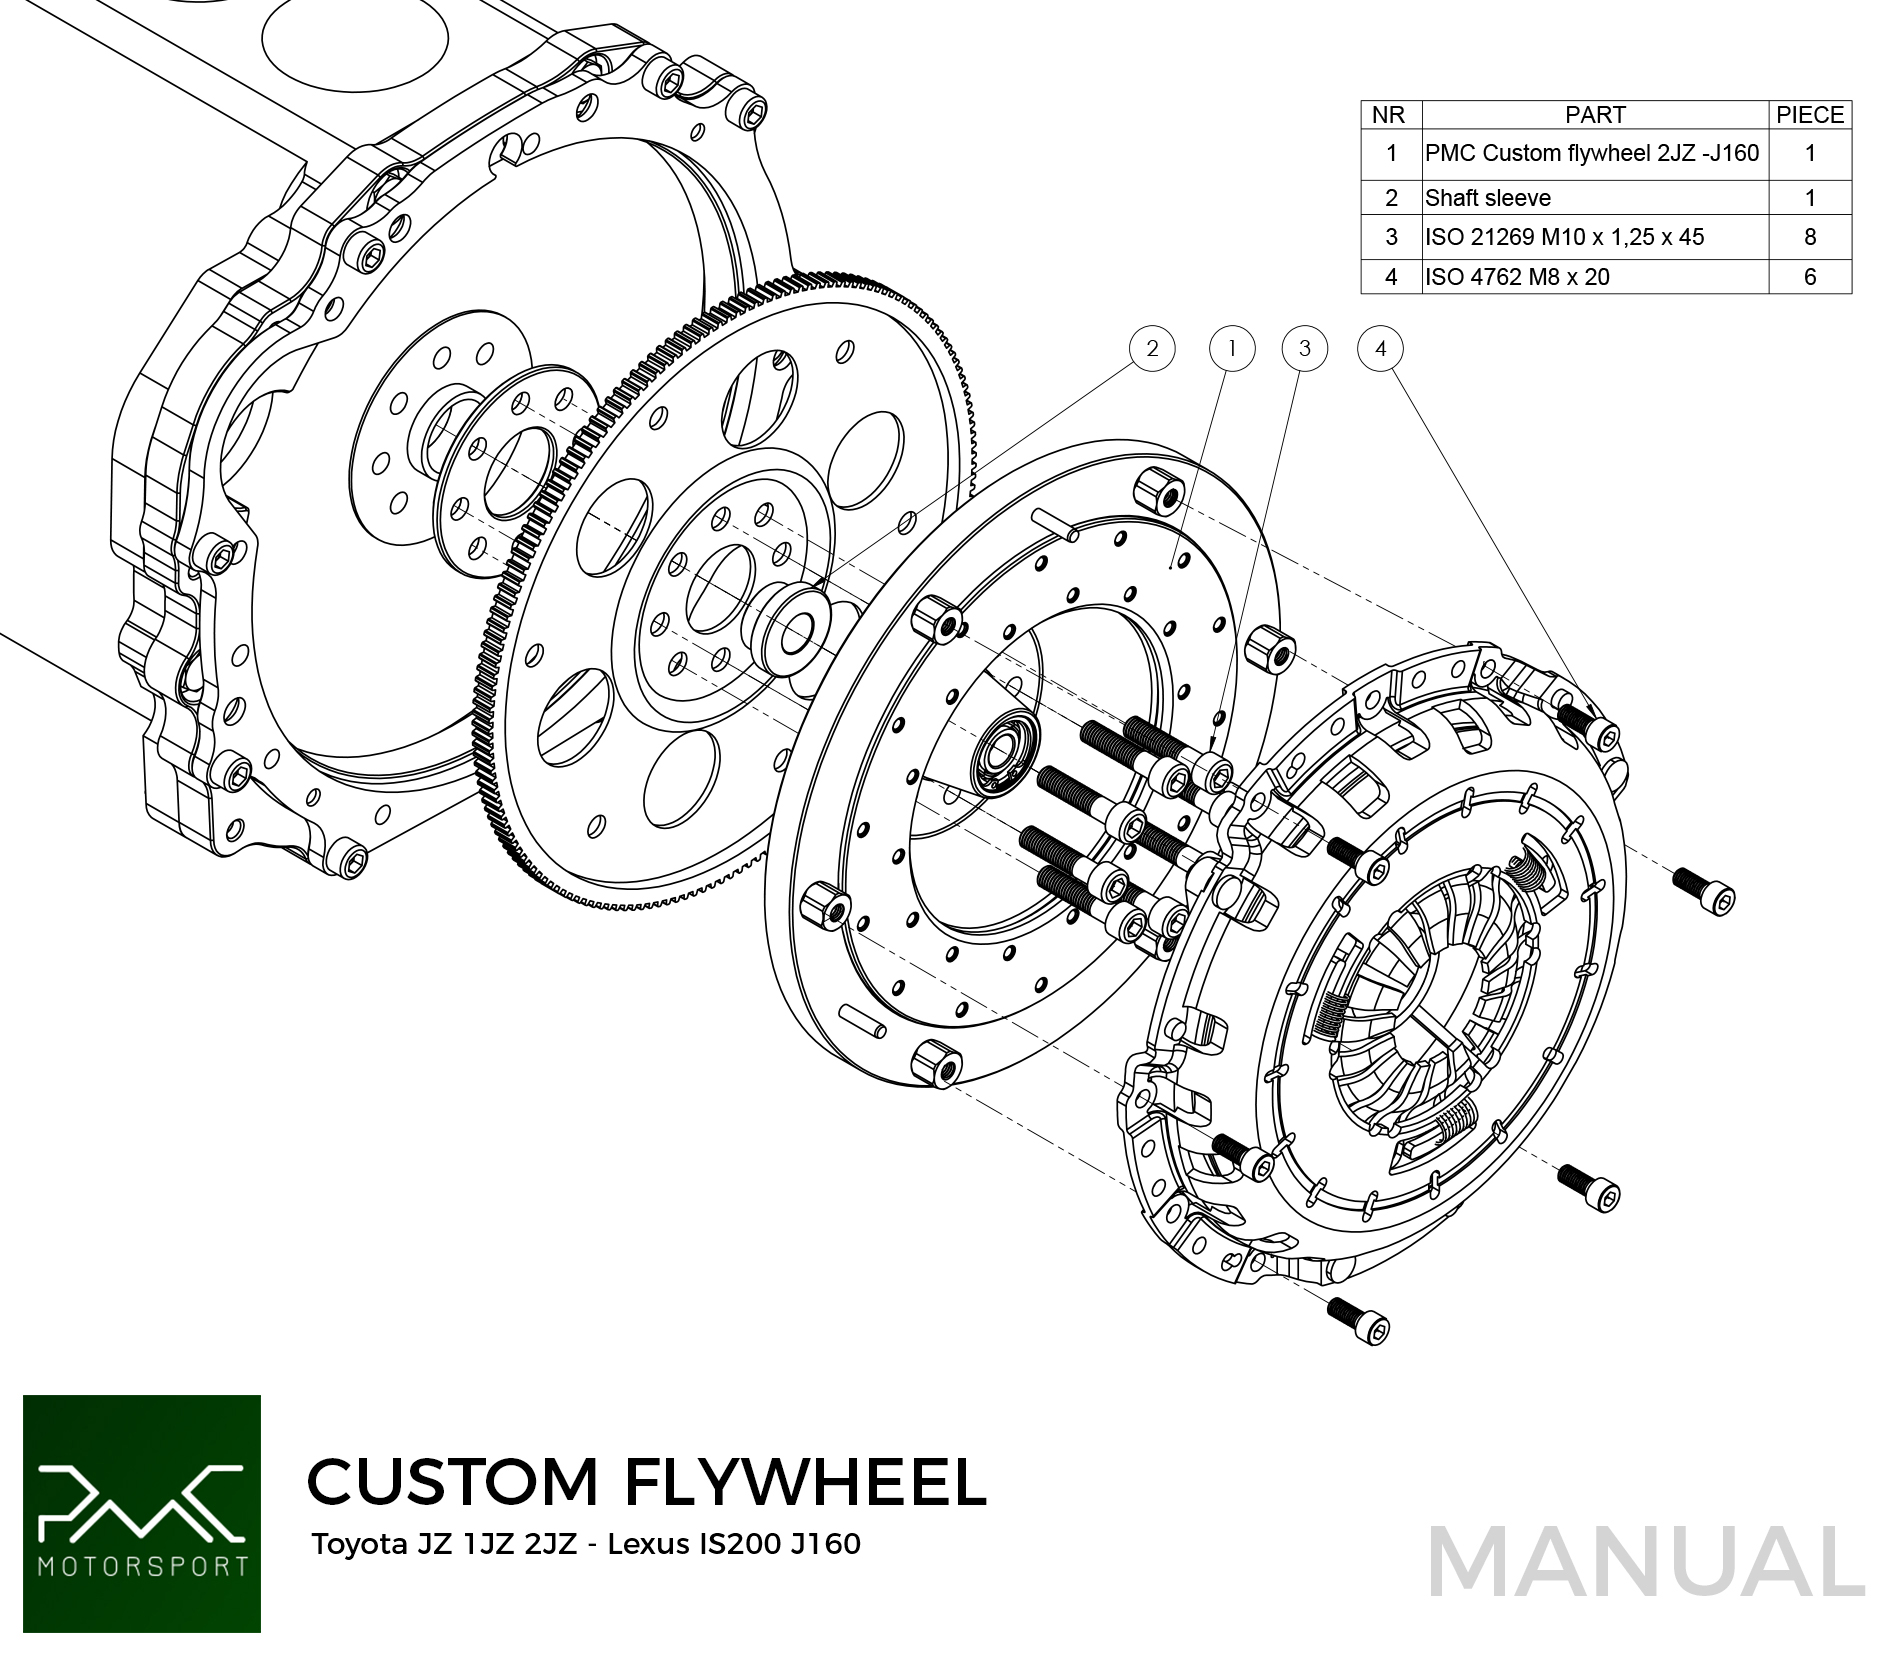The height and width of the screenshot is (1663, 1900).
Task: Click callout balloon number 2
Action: point(1152,349)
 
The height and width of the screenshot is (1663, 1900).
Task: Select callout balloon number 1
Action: point(1232,349)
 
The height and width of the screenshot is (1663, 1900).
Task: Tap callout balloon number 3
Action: point(1305,349)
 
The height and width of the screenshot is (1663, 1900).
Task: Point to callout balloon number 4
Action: point(1381,349)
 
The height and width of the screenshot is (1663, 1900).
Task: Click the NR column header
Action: point(1389,115)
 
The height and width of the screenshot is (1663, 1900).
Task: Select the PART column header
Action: point(1595,115)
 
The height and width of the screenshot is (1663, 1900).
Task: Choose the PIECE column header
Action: point(1810,115)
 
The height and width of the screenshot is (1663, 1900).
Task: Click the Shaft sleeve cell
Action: point(1488,198)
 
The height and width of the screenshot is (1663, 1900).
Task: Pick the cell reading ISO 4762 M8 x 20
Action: point(1517,277)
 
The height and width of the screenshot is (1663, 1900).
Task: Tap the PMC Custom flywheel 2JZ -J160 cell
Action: point(1592,153)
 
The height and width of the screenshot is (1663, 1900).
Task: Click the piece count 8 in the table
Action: point(1810,237)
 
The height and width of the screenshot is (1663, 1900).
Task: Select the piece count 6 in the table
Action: point(1810,277)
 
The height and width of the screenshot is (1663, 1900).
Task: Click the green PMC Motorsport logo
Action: point(142,1514)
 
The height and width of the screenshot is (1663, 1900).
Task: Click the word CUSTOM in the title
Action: point(452,1482)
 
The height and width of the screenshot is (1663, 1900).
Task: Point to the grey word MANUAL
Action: point(1646,1562)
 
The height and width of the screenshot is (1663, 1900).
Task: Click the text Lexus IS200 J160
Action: point(734,1544)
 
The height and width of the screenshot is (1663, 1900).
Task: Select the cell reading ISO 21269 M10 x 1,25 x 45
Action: point(1564,237)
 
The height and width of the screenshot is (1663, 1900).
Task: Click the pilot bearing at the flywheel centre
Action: point(1005,756)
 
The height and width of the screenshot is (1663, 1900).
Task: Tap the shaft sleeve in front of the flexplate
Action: point(790,630)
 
